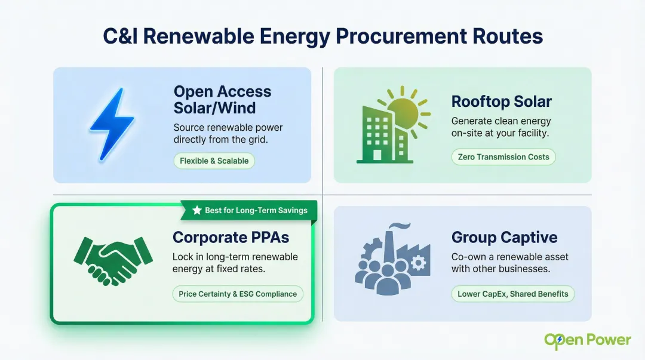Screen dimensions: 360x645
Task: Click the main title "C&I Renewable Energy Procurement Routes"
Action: [x=322, y=36]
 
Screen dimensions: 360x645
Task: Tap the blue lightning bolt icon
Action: [x=107, y=124]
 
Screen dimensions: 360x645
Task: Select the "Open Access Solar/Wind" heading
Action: [x=222, y=100]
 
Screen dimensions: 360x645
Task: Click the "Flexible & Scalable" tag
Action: [x=214, y=161]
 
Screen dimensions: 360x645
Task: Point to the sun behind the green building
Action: [x=407, y=112]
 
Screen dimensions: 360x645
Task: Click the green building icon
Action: [x=379, y=136]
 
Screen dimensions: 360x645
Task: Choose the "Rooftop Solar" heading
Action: [x=501, y=101]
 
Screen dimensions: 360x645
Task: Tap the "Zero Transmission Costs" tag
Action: [x=503, y=158]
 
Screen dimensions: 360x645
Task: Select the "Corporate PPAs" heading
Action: [x=231, y=237]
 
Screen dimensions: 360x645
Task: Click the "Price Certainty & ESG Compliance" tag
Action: [x=238, y=294]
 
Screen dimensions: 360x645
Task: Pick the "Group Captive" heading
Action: [x=504, y=237]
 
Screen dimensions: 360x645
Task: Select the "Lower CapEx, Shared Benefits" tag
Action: [x=513, y=294]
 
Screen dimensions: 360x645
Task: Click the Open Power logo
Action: [x=587, y=340]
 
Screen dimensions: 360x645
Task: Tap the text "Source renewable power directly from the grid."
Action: [x=228, y=133]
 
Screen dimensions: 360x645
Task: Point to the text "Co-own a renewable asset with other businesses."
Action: [x=509, y=263]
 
